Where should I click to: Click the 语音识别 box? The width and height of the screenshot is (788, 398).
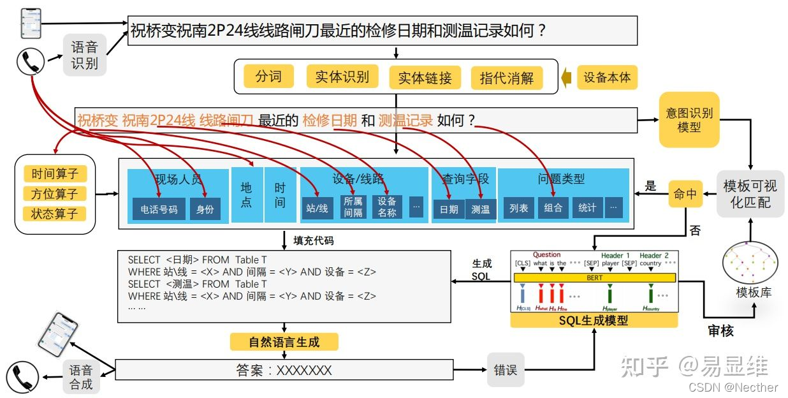84,55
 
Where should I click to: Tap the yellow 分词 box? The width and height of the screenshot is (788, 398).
268,77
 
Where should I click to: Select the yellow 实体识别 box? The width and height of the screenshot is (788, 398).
342,77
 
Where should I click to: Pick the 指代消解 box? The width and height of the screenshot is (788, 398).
507,78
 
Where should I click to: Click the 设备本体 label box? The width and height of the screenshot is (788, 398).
607,77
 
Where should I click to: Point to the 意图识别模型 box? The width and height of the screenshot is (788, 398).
689,119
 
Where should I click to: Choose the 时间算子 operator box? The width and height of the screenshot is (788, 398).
54,173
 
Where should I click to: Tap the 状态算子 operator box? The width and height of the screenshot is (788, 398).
54,214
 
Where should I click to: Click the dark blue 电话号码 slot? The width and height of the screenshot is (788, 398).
159,209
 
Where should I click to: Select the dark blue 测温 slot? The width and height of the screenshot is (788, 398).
480,209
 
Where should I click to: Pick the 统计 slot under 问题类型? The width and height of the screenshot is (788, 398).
587,207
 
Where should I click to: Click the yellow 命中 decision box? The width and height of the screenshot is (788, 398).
685,193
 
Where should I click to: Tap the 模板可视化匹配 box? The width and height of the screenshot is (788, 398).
750,194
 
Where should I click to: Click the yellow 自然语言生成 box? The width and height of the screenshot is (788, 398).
284,342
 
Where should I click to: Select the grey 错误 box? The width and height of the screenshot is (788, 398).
506,369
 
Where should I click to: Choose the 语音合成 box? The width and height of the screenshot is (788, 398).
81,377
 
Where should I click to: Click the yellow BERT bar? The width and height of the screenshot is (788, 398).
594,278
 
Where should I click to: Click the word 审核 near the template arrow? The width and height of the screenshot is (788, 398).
720,330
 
